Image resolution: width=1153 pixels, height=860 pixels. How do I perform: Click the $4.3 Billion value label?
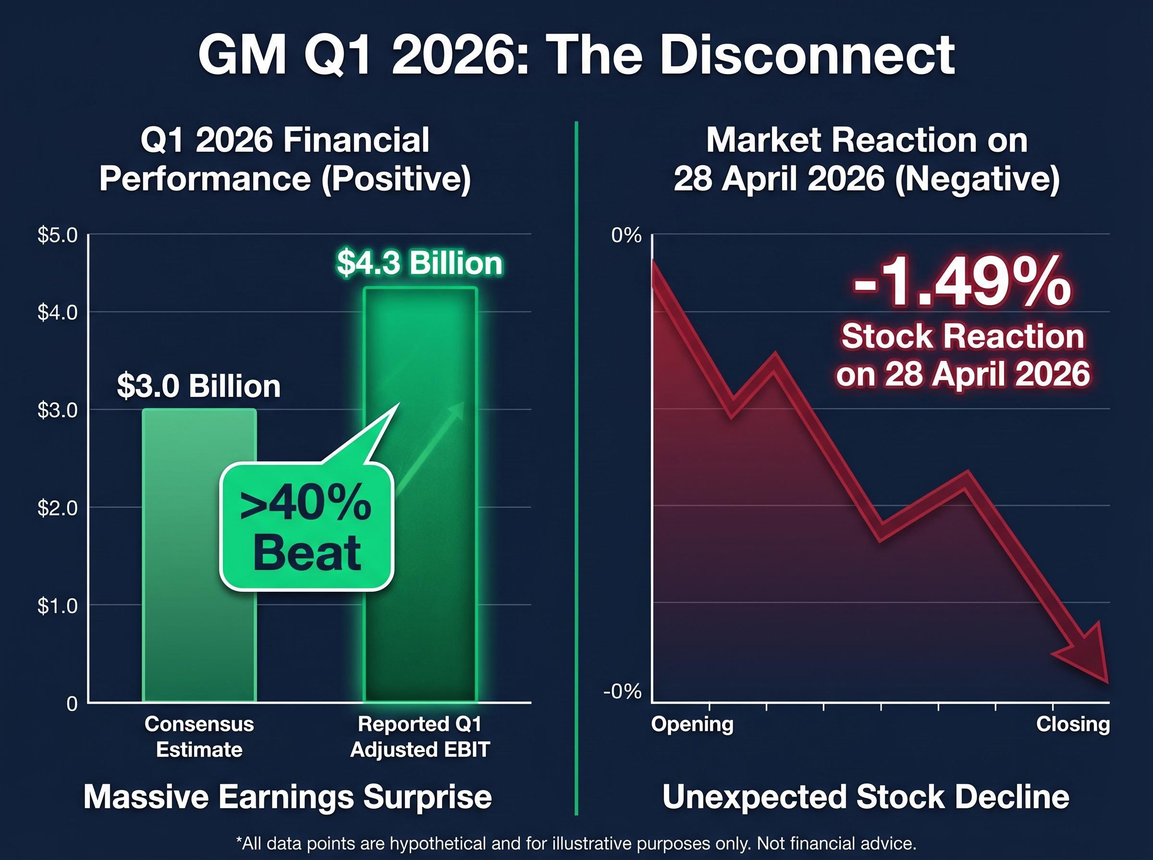pyautogui.click(x=419, y=263)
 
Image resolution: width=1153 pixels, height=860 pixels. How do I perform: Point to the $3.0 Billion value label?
pyautogui.click(x=198, y=386)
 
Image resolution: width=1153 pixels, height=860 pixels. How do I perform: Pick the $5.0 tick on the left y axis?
pyautogui.click(x=57, y=235)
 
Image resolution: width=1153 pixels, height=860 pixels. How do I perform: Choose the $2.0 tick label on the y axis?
pyautogui.click(x=57, y=508)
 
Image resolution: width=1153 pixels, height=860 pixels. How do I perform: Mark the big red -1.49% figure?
pyautogui.click(x=962, y=284)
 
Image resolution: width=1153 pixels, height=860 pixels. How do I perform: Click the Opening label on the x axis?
pyautogui.click(x=692, y=724)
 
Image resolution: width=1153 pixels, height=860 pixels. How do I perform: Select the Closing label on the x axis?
pyautogui.click(x=1073, y=724)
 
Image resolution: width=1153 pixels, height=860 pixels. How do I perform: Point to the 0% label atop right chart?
pyautogui.click(x=626, y=236)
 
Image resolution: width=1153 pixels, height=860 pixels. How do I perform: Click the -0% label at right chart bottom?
pyautogui.click(x=622, y=692)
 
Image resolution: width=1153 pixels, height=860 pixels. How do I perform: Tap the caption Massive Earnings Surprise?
pyautogui.click(x=288, y=797)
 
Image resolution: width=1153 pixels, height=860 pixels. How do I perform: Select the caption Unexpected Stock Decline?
pyautogui.click(x=865, y=797)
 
